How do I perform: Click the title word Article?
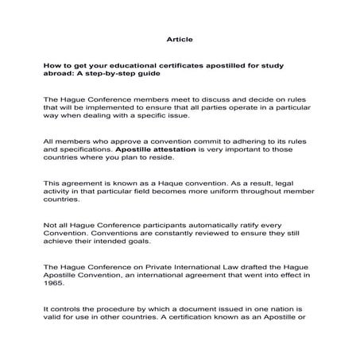click(x=180, y=38)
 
